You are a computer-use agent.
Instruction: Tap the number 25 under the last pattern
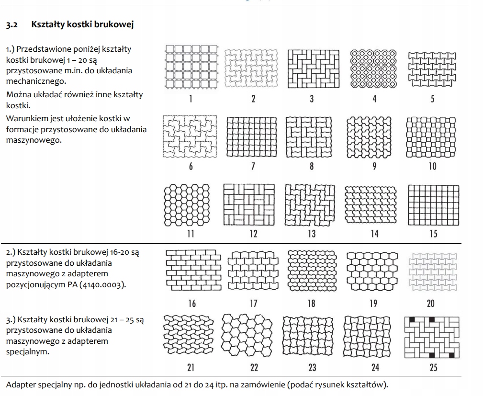tap(433, 368)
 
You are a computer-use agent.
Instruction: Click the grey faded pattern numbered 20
tap(433, 271)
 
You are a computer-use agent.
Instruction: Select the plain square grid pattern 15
tap(433, 205)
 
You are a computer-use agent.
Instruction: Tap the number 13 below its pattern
tap(312, 234)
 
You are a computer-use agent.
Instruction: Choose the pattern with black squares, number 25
tap(433, 337)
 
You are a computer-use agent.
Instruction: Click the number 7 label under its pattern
tap(253, 166)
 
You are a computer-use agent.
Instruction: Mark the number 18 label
tap(312, 303)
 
